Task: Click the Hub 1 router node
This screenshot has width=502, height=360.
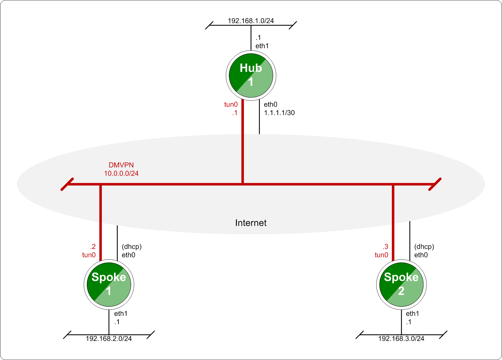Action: click(x=251, y=75)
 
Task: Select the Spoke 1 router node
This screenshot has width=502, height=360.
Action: click(x=109, y=284)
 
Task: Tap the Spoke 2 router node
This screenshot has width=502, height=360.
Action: click(x=401, y=284)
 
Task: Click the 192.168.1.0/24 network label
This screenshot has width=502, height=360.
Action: click(x=251, y=21)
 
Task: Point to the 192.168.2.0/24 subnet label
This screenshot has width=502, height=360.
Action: click(x=109, y=339)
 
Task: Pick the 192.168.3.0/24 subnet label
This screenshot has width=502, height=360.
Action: click(x=401, y=339)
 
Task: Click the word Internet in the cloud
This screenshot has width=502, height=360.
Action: click(x=251, y=223)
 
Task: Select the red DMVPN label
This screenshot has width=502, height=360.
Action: click(x=121, y=165)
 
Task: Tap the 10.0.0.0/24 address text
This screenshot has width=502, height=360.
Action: click(x=121, y=173)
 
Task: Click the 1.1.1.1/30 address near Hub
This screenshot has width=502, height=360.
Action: click(x=279, y=113)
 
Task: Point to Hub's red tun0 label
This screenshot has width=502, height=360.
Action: click(x=231, y=104)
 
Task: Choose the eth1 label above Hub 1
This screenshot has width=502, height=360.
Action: click(x=262, y=46)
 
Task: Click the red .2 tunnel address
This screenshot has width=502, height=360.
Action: click(x=93, y=247)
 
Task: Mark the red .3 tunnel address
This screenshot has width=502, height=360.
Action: click(x=385, y=247)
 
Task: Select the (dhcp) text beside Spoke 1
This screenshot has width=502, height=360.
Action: click(x=132, y=247)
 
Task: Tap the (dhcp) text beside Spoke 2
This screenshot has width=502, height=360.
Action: click(x=424, y=247)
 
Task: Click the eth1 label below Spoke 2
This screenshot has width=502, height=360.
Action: click(x=412, y=313)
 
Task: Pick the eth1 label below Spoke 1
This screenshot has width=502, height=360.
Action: click(x=121, y=313)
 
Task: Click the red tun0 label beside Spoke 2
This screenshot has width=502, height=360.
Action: click(x=381, y=255)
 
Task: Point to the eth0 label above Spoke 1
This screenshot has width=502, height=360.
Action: click(x=128, y=255)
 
